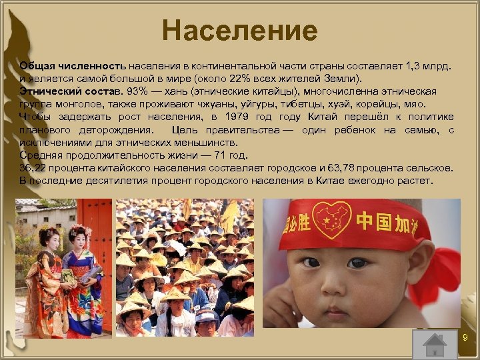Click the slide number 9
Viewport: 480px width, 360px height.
coord(465,339)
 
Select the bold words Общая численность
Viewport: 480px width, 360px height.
coord(73,67)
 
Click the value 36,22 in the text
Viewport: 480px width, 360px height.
coord(34,167)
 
